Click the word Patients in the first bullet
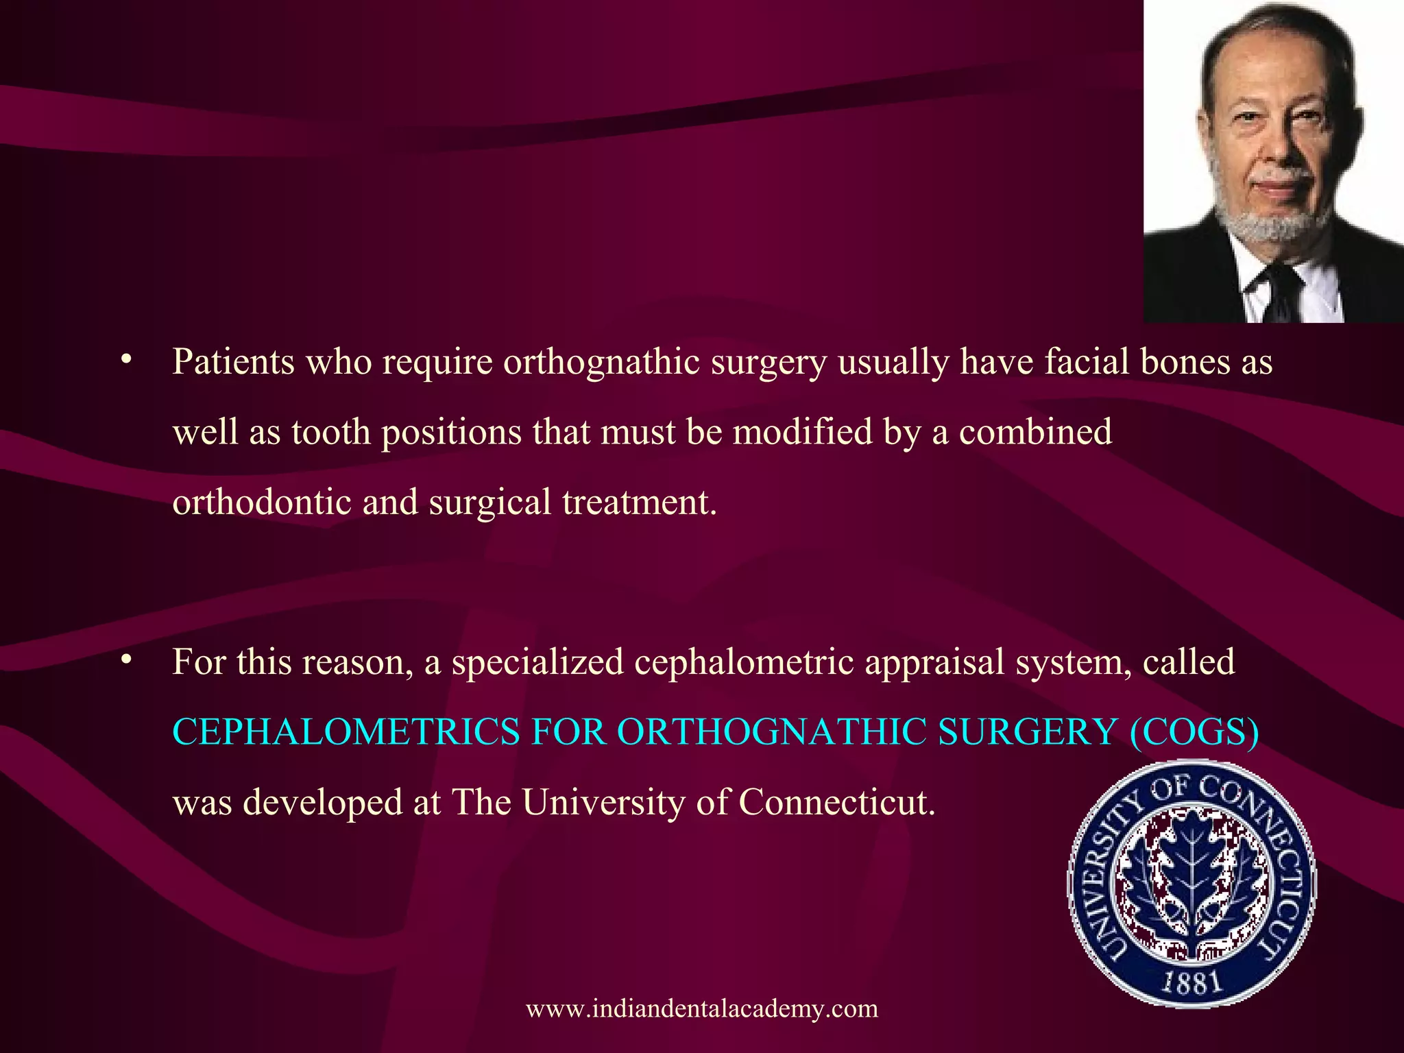tap(233, 361)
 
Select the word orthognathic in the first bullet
tap(601, 361)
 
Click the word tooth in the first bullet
tap(330, 433)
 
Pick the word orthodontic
tap(261, 502)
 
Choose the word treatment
tap(639, 502)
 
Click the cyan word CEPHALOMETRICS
tap(346, 731)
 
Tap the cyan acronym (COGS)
tap(1194, 731)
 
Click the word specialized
tap(537, 663)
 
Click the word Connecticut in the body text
tap(836, 802)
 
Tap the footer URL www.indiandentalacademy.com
tap(702, 1008)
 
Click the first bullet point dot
tap(125, 360)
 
